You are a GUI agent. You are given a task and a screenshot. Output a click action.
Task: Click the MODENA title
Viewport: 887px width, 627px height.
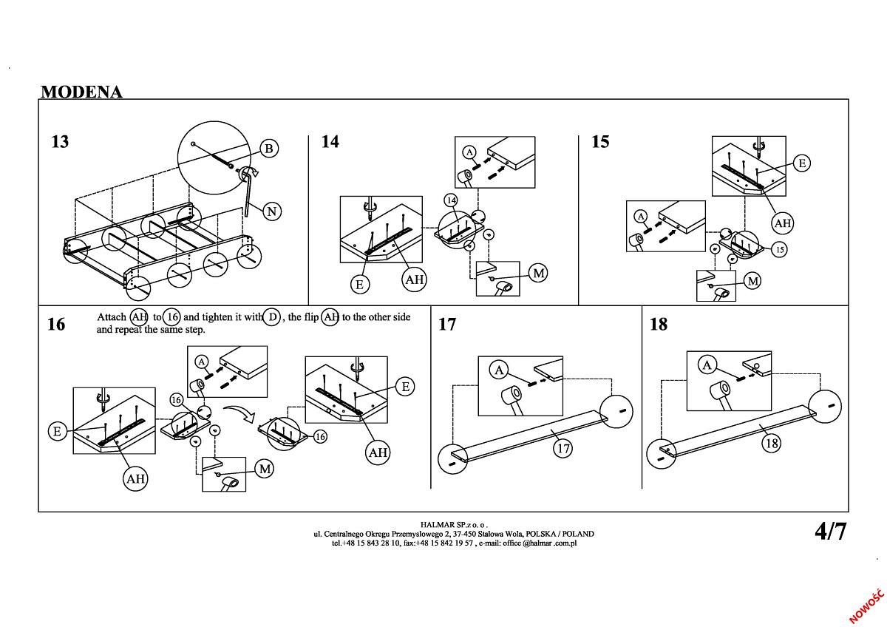point(81,92)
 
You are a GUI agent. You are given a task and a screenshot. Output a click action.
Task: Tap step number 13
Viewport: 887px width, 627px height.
point(60,141)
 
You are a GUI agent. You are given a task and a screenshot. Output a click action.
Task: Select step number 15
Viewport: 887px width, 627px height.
point(600,141)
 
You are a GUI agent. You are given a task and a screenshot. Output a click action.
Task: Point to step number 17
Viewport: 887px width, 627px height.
point(447,325)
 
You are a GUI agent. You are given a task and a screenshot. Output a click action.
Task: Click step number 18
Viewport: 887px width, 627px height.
point(658,325)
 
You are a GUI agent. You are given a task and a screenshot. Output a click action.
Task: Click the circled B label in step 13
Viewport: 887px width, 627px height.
point(269,149)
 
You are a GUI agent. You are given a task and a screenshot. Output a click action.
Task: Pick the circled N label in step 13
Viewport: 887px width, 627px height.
point(271,211)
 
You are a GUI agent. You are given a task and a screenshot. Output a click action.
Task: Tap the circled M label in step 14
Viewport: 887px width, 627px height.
point(539,273)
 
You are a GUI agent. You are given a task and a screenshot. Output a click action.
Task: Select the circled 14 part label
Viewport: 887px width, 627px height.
point(451,200)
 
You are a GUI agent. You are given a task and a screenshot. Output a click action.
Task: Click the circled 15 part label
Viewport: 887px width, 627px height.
point(779,250)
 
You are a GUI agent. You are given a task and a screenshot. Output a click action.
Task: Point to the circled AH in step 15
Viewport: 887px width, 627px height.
point(782,223)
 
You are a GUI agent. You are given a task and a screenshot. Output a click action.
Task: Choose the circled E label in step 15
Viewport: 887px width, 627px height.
point(802,163)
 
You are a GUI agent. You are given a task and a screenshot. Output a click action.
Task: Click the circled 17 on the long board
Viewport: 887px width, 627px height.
point(563,448)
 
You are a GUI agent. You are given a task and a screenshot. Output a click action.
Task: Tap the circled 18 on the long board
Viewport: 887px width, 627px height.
point(772,444)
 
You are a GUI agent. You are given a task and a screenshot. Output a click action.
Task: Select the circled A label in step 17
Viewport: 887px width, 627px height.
point(500,370)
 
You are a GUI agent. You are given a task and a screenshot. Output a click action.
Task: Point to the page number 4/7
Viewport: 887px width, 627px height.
point(830,531)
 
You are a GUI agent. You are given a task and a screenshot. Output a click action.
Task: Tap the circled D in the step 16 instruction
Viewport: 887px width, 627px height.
point(272,317)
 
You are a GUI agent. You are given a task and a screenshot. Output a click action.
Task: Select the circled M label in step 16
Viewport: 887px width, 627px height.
point(265,468)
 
